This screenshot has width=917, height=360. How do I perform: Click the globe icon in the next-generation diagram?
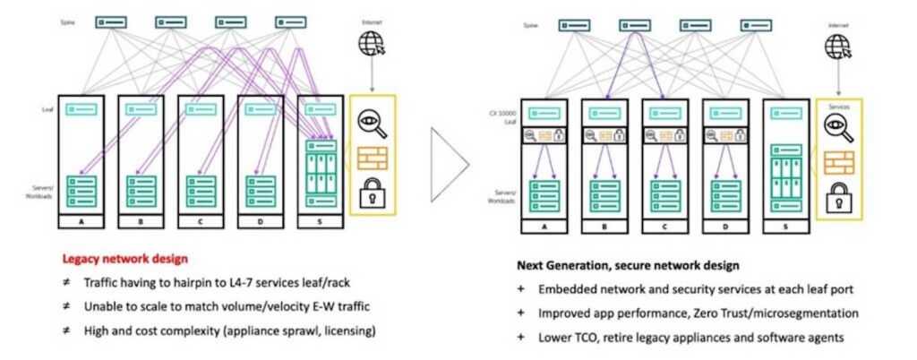tap(840, 43)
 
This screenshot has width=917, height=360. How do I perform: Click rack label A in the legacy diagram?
tap(80, 218)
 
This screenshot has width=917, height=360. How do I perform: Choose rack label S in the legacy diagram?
tap(321, 218)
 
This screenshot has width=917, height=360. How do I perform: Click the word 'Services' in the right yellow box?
tap(839, 106)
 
